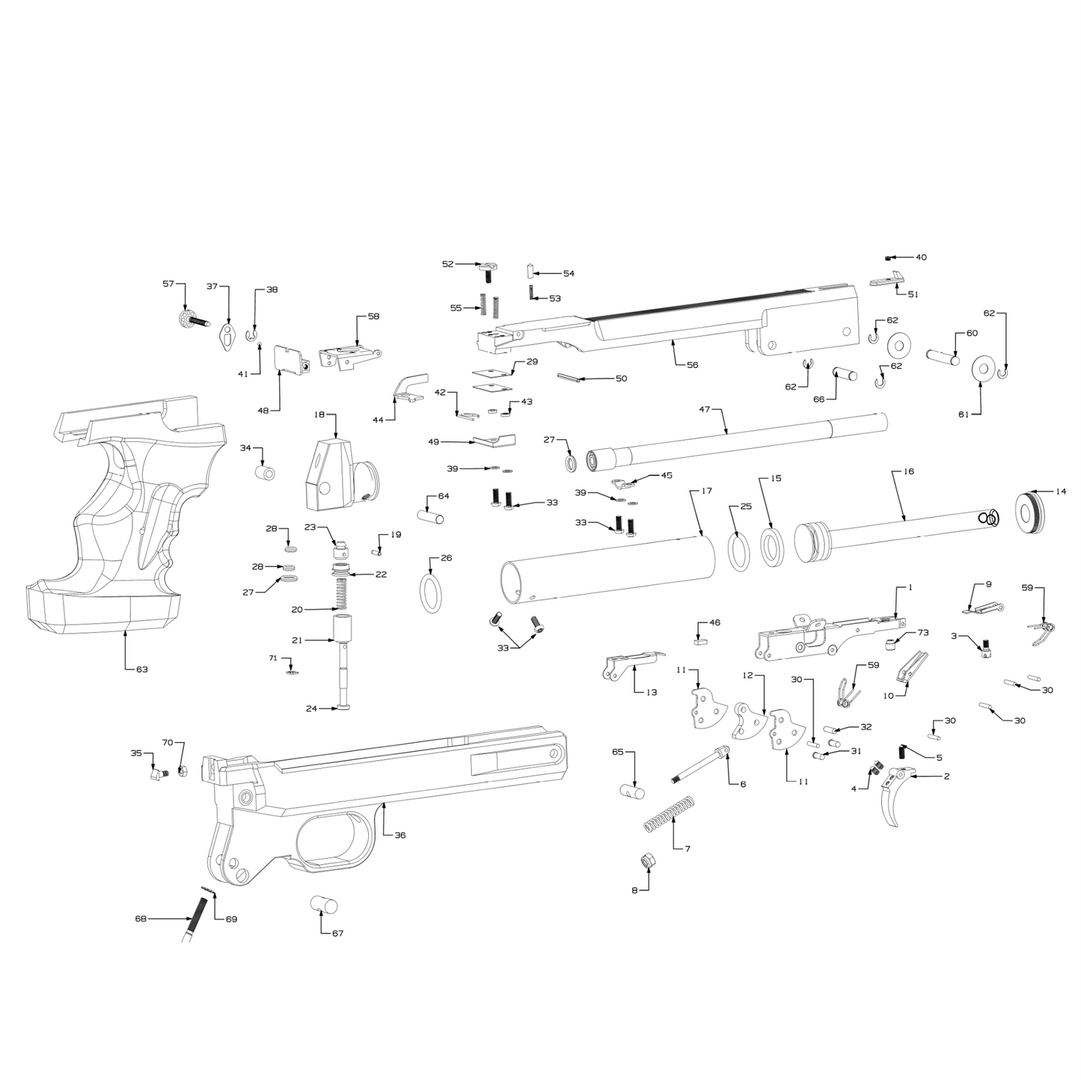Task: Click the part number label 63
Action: click(141, 669)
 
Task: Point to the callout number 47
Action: click(704, 409)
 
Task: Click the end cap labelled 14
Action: click(1029, 512)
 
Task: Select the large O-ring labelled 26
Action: click(431, 594)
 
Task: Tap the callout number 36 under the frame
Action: click(400, 835)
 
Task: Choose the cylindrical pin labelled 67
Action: click(323, 906)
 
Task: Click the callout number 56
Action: click(692, 364)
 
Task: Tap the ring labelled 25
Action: click(739, 551)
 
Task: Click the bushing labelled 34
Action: click(266, 473)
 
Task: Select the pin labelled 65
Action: click(632, 789)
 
